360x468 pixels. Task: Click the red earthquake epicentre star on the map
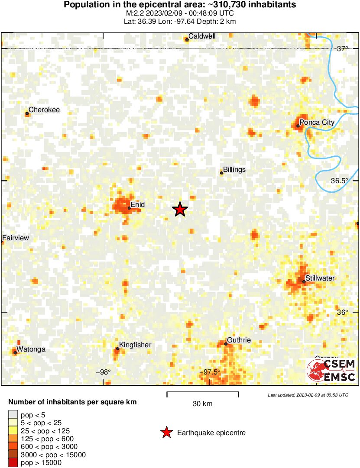(x=180, y=210)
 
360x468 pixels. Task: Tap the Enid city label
(x=137, y=204)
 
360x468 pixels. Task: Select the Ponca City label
(x=317, y=123)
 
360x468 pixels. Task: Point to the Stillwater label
(x=320, y=278)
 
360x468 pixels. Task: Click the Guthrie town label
(x=239, y=340)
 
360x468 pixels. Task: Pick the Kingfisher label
(x=135, y=345)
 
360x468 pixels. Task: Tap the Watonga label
(x=31, y=349)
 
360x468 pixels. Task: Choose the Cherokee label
(x=44, y=110)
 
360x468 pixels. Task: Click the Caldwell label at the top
(x=202, y=36)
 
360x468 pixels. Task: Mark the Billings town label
(x=234, y=170)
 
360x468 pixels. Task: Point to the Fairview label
(x=16, y=238)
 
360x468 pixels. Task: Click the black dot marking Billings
(x=222, y=173)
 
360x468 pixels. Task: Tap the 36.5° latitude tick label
(x=339, y=181)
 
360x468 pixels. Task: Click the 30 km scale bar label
(x=202, y=404)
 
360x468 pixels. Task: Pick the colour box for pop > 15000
(x=13, y=462)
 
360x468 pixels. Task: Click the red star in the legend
(x=166, y=432)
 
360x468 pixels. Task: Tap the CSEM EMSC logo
(x=331, y=371)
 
